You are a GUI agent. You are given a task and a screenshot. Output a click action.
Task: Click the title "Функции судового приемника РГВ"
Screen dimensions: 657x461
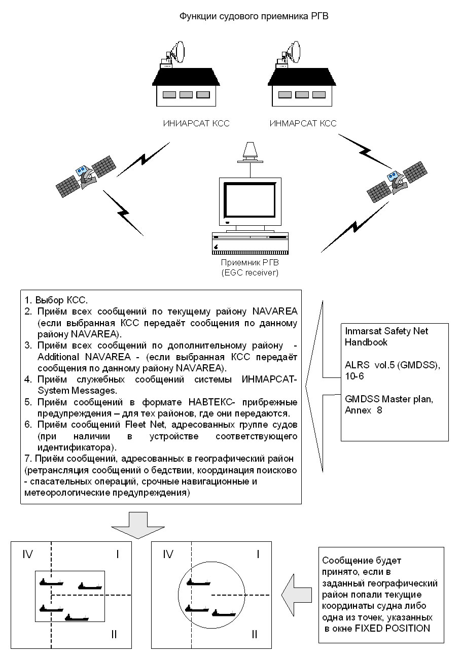[254, 17]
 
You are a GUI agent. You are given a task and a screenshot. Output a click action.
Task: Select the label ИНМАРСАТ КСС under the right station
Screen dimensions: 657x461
[303, 123]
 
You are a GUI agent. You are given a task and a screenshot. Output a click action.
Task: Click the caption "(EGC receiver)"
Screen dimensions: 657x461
[250, 273]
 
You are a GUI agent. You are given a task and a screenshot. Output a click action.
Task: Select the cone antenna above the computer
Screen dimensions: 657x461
[249, 151]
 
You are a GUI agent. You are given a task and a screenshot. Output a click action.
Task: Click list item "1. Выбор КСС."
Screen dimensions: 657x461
[56, 299]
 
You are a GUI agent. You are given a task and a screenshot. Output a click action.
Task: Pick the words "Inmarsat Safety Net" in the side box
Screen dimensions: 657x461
[386, 331]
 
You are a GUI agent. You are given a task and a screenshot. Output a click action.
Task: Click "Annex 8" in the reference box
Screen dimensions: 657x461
[364, 410]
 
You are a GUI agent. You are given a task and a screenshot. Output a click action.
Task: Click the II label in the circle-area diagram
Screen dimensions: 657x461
[254, 634]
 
